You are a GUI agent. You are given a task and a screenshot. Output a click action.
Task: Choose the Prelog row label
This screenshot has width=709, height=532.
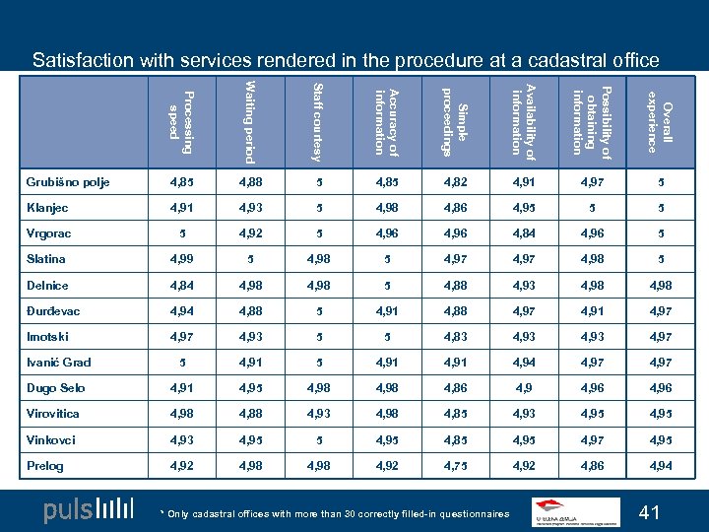(45, 466)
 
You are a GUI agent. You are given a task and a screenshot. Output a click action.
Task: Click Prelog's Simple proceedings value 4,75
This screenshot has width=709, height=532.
(455, 466)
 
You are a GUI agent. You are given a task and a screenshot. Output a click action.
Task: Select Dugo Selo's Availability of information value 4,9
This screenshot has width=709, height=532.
(523, 389)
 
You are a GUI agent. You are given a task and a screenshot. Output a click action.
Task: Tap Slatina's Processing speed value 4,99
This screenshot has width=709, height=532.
(181, 259)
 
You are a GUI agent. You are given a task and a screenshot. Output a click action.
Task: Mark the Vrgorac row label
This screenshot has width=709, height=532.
(48, 233)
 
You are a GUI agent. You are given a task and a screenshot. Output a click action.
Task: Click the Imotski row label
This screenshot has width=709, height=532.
(46, 338)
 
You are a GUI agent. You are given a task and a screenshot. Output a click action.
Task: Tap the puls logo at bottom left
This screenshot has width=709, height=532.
(88, 510)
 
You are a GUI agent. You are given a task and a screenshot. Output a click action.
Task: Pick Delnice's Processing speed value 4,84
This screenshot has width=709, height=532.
(181, 286)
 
